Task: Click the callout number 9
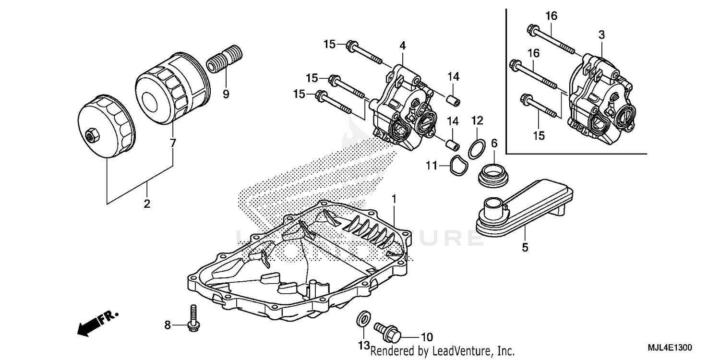[226, 94]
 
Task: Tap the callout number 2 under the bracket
[147, 204]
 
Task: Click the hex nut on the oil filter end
[90, 136]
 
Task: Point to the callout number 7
[173, 143]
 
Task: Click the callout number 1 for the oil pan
[394, 198]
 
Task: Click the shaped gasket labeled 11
[456, 166]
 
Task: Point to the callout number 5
[525, 248]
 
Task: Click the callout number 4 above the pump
[403, 46]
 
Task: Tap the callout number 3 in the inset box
[601, 35]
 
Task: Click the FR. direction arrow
[96, 323]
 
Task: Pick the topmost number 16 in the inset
[551, 16]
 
